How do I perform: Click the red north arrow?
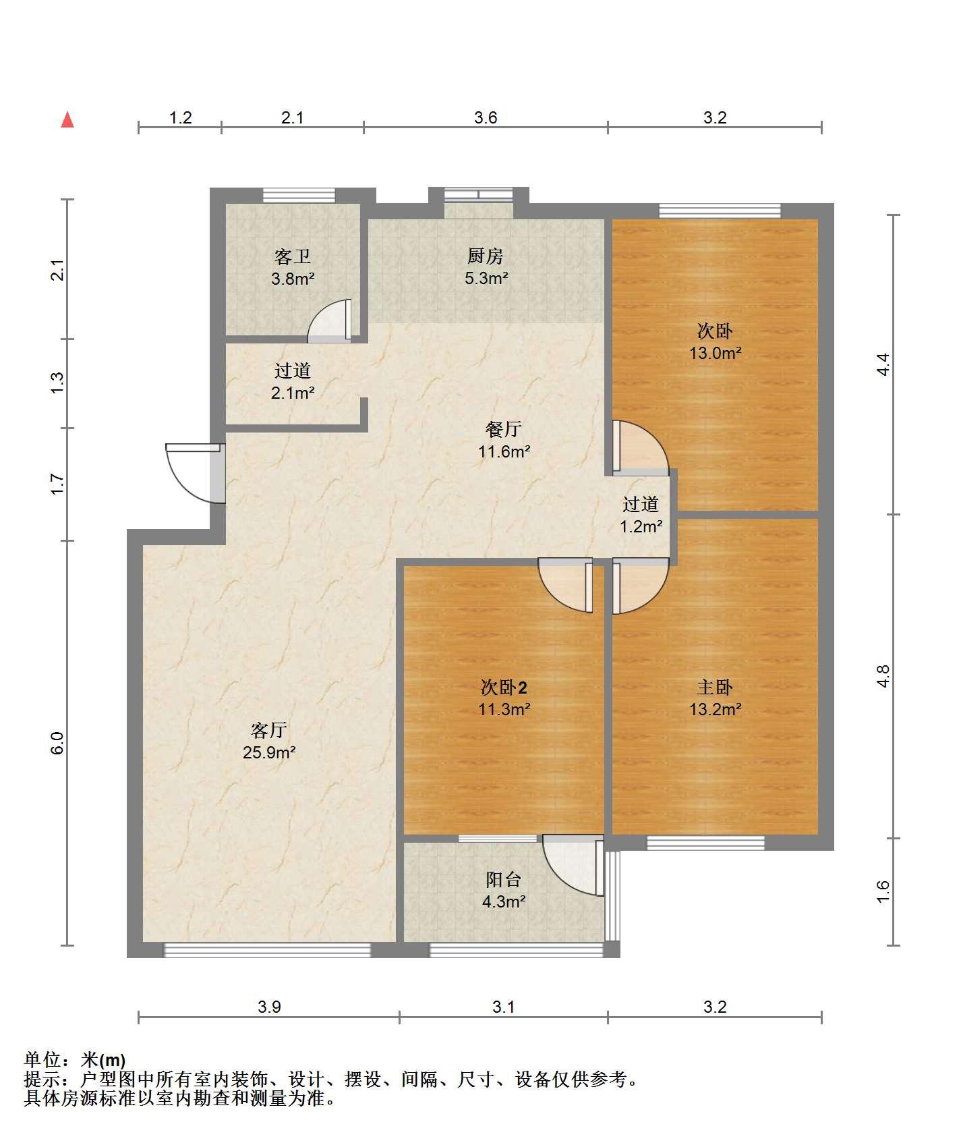67,120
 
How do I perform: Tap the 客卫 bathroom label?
293,257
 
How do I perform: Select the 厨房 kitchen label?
486,256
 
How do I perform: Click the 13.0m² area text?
715,353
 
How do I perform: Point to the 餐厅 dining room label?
504,430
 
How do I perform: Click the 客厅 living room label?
269,730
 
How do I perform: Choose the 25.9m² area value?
269,752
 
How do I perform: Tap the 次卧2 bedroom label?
504,688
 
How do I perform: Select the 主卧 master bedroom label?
715,688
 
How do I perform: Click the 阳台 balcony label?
504,880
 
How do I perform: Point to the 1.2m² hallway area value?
641,526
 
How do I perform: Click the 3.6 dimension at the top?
486,118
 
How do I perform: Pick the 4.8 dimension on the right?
883,676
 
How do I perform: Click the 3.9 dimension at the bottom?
269,1007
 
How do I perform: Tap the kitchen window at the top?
479,194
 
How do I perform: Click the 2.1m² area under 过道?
293,393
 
